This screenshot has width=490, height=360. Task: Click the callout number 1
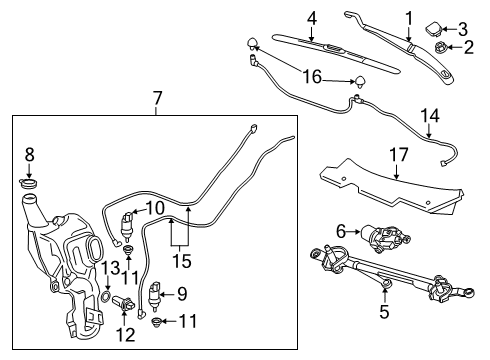point(407,17)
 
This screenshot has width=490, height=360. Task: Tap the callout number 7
point(156,98)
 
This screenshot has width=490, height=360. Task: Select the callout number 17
point(397,155)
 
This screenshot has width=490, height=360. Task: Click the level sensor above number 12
point(125,303)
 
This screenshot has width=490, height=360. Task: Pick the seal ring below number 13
point(107,297)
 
